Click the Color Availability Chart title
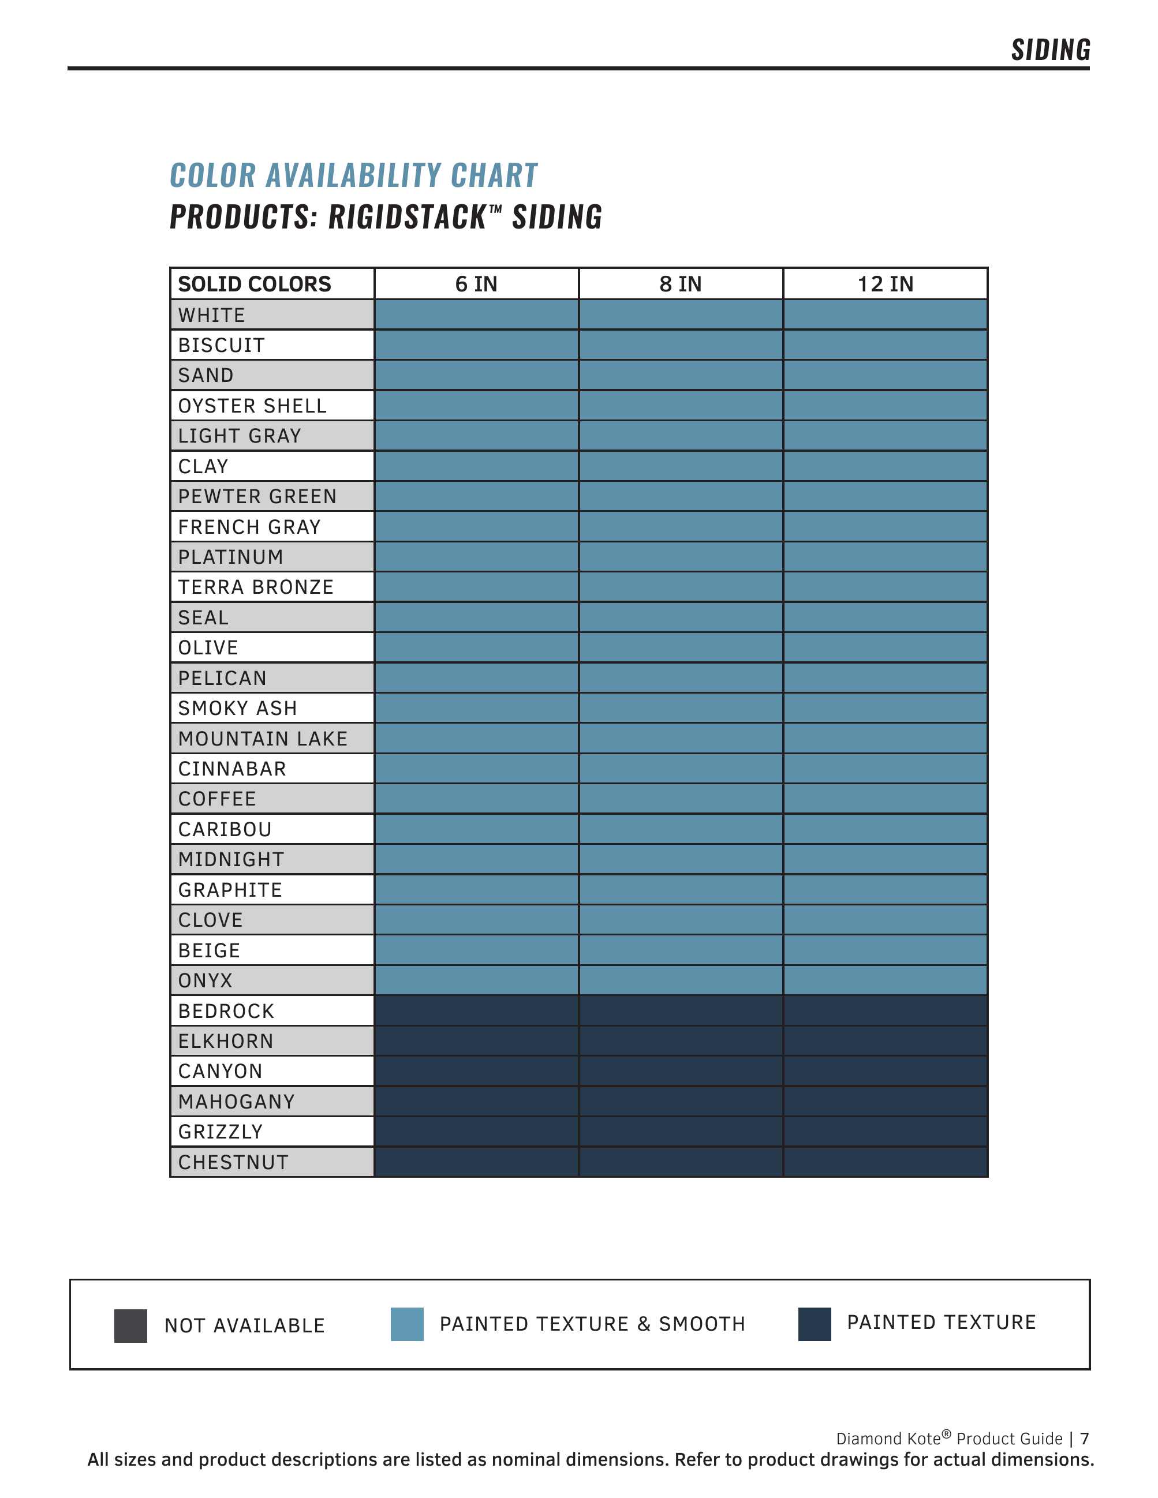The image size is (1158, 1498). (353, 175)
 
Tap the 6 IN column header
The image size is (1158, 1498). (476, 284)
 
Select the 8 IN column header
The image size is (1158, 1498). (681, 284)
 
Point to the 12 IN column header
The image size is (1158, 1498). (885, 284)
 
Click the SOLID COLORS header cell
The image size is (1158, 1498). (255, 284)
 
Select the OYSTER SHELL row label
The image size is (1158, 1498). (252, 406)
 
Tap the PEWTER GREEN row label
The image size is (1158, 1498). (257, 497)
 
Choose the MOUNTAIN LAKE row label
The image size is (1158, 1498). (263, 739)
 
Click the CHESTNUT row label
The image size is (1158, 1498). (233, 1163)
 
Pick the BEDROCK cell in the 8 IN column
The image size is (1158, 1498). (681, 1011)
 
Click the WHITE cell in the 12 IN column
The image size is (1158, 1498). (885, 315)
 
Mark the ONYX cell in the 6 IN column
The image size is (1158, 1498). (476, 981)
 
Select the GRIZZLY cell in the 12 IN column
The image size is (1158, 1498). (885, 1132)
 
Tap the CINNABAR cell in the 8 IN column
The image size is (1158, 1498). (681, 769)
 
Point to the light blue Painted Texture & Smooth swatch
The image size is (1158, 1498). (407, 1324)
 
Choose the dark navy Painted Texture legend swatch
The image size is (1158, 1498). (815, 1324)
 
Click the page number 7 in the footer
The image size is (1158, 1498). (1085, 1439)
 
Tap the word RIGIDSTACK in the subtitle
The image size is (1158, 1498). (408, 218)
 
